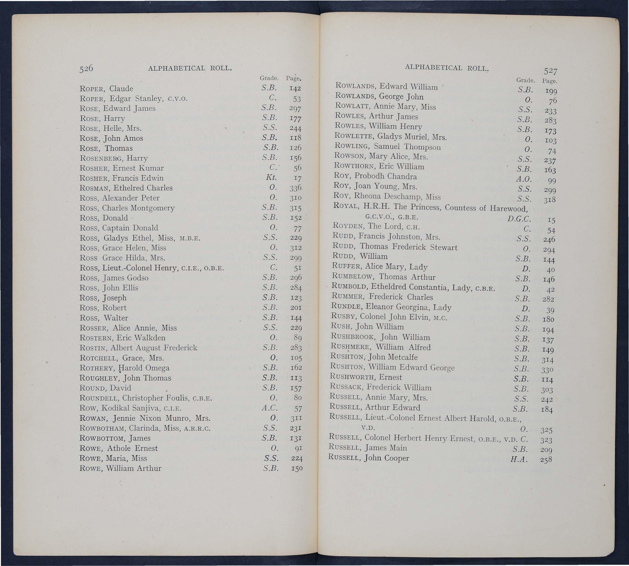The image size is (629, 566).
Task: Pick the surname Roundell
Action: (x=100, y=398)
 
